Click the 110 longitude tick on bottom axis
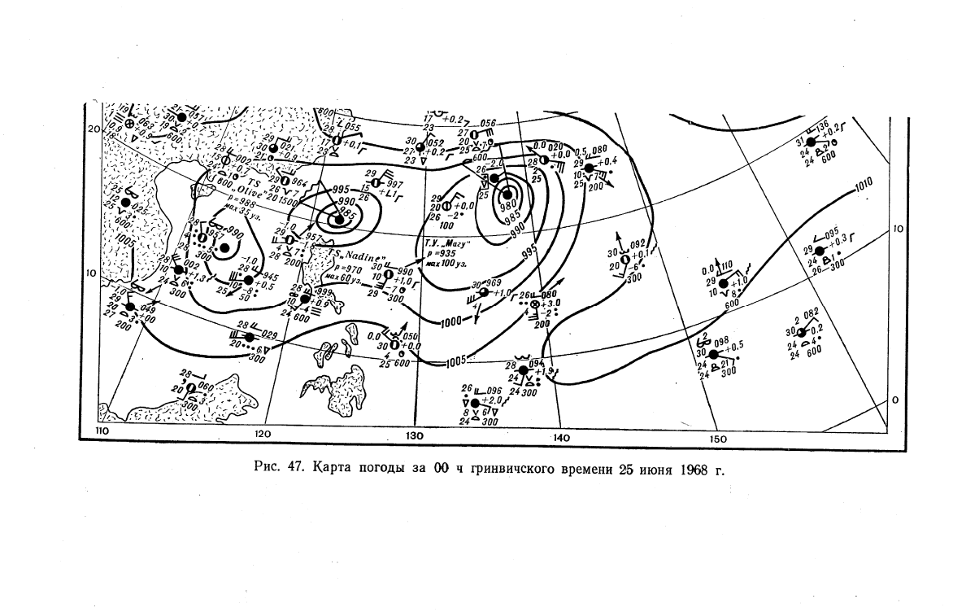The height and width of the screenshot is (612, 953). pos(102,433)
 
